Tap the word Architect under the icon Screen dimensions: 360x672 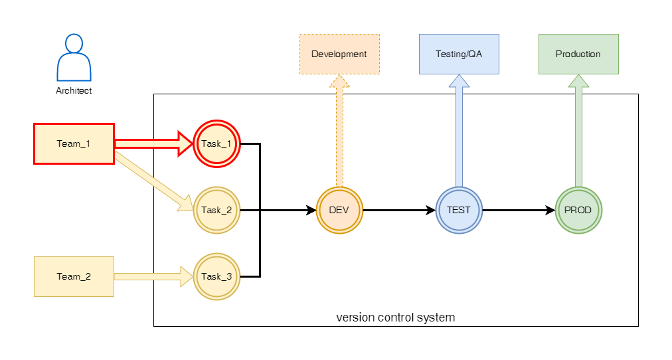coord(74,91)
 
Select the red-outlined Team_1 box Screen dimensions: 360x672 coord(74,143)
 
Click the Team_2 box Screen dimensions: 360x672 coord(74,276)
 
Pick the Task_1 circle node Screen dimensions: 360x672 coord(216,143)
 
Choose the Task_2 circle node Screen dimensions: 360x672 coord(216,210)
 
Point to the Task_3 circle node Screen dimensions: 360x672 coord(216,276)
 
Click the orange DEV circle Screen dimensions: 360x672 coord(339,210)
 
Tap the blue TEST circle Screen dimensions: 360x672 coord(459,210)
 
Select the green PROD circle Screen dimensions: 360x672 coord(578,210)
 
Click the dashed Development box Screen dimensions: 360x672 coord(339,54)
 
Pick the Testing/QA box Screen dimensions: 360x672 coord(459,54)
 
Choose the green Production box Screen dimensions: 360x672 coord(578,54)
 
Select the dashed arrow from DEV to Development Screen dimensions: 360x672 coord(339,133)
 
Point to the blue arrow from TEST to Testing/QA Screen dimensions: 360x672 coord(459,133)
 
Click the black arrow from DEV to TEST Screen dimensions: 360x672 coord(398,210)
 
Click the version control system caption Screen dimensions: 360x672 coord(396,317)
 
